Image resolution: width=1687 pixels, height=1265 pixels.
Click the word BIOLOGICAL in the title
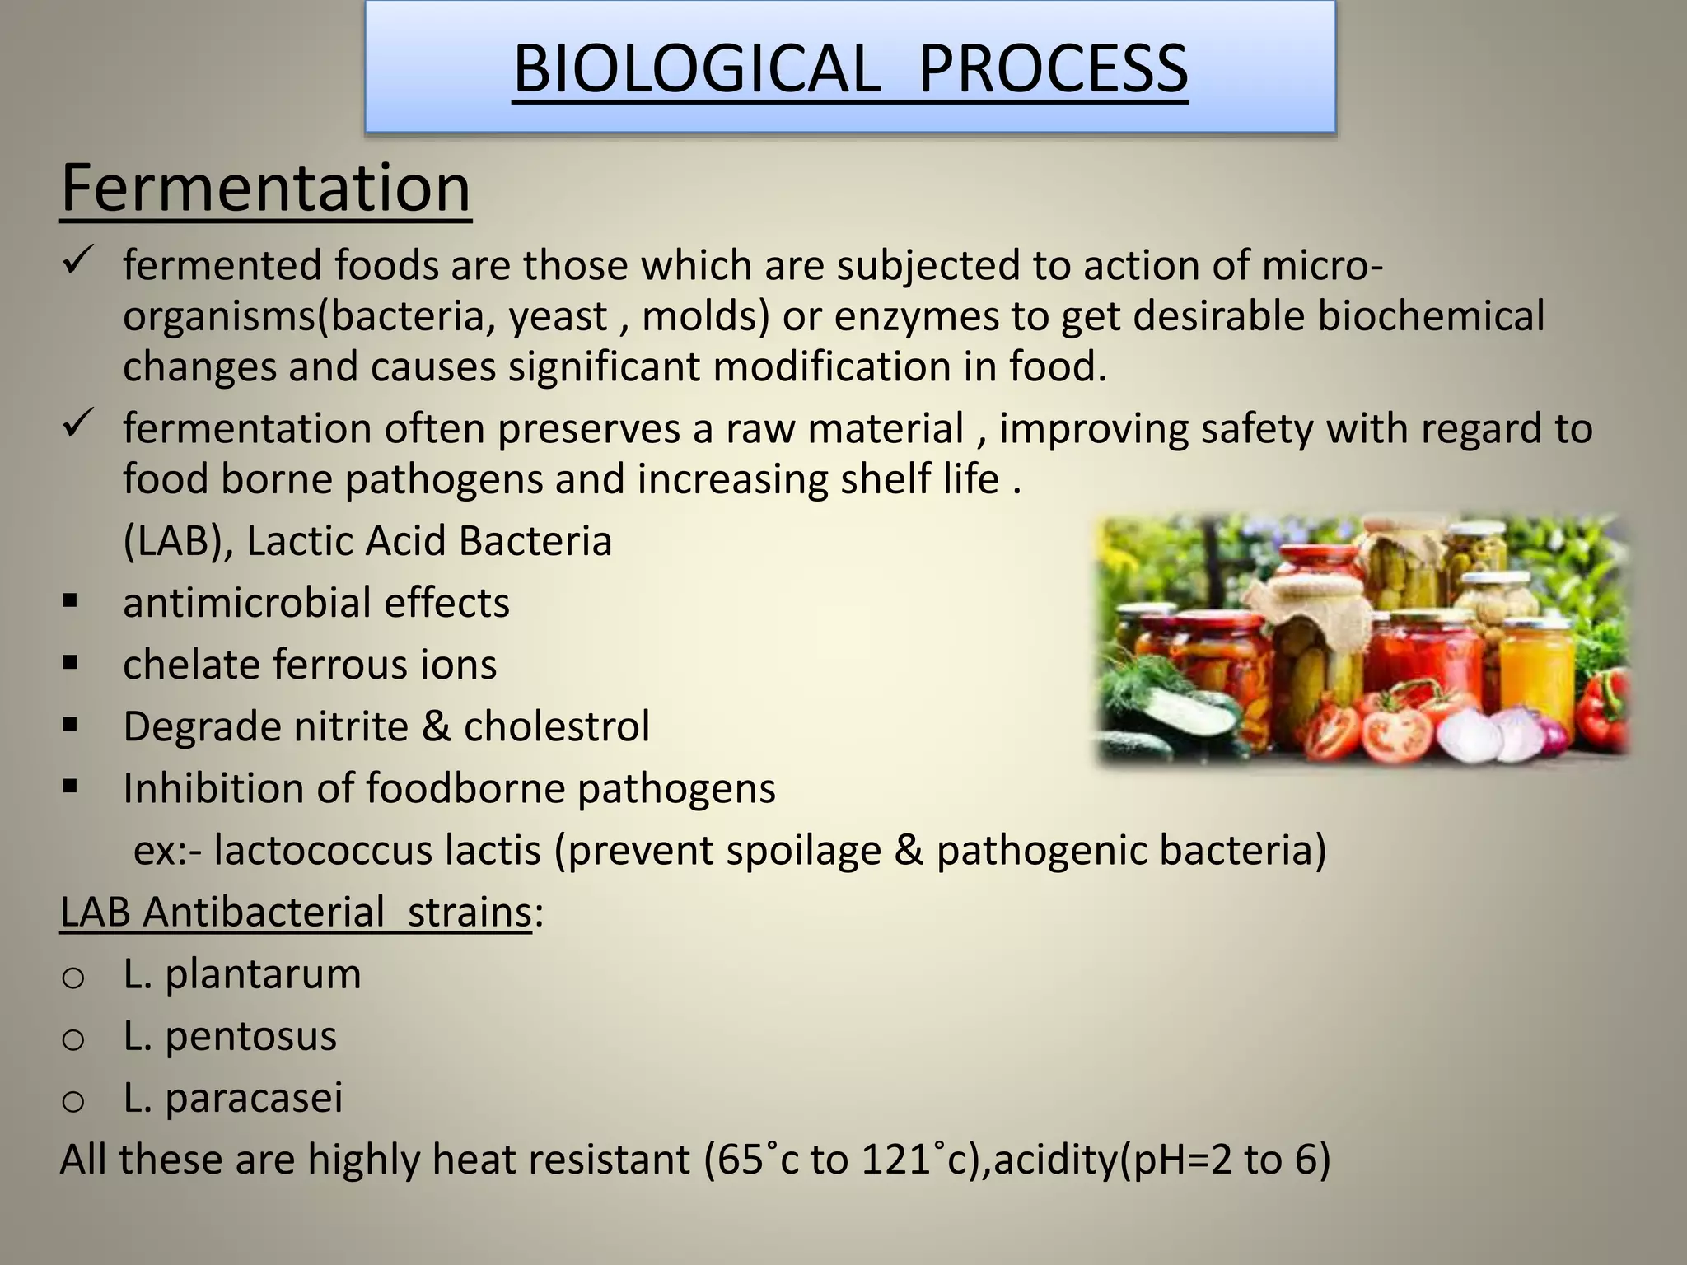click(697, 69)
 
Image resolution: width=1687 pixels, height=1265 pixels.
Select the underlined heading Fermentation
click(265, 189)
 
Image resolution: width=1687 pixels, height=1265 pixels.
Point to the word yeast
click(558, 317)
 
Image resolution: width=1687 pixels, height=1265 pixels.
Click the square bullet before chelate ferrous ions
click(70, 662)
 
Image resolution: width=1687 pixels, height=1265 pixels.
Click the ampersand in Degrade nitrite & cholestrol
click(436, 726)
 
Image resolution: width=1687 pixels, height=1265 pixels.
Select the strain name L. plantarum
click(242, 974)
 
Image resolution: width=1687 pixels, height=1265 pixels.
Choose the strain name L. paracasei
click(232, 1098)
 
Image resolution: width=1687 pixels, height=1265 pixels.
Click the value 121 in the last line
click(898, 1160)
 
